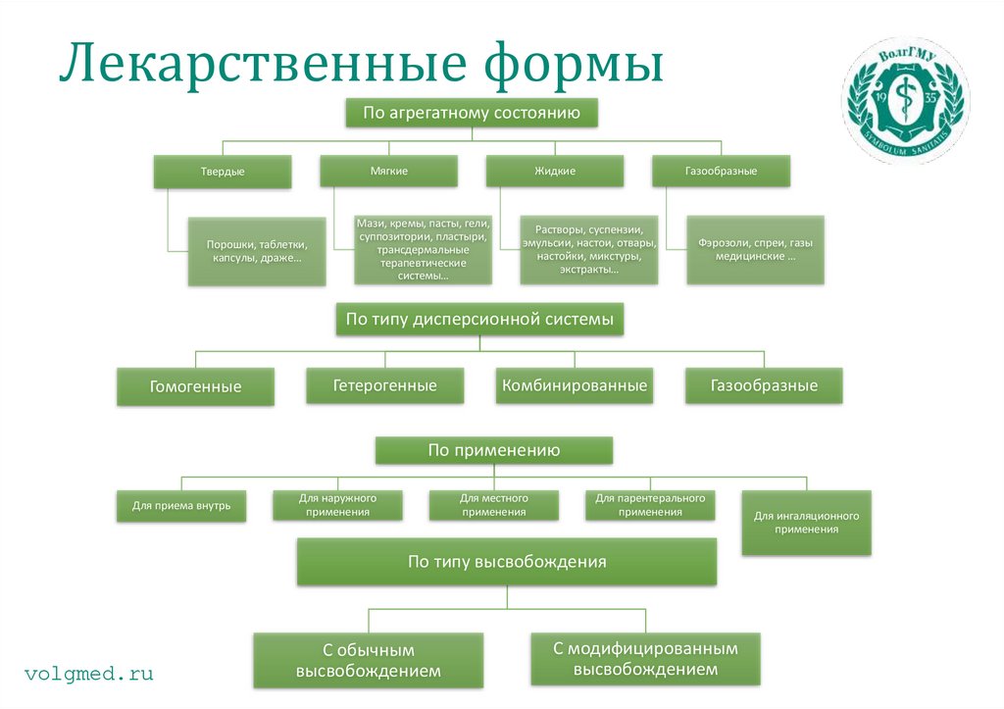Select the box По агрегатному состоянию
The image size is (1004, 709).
pos(471,113)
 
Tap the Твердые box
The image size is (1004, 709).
pos(223,172)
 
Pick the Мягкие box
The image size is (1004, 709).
pos(388,171)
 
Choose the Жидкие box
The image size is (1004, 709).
pos(555,171)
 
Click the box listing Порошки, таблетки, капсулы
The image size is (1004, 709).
pos(257,251)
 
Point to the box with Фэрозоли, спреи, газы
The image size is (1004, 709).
pos(755,250)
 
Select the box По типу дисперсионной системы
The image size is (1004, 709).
pos(479,320)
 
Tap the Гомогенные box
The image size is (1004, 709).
pos(195,386)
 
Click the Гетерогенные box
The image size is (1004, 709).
pos(384,385)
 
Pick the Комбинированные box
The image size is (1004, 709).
pos(575,385)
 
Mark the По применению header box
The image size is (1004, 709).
pos(493,450)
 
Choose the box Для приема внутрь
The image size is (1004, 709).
pos(181,506)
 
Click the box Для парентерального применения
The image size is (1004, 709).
pos(650,505)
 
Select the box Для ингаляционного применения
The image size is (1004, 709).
pos(806,522)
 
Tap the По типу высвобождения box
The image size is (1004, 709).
pos(507,562)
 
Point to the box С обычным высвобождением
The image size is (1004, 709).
pos(368,661)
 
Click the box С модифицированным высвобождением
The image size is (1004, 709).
pos(645,659)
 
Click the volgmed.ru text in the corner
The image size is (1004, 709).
pos(89,674)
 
